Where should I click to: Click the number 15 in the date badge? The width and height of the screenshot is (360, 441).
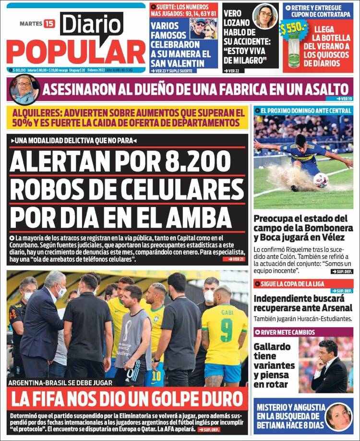tap(49, 24)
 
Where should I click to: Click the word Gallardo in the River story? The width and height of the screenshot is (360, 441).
tap(272, 346)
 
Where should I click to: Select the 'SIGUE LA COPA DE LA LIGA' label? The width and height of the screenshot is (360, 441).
tap(290, 283)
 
